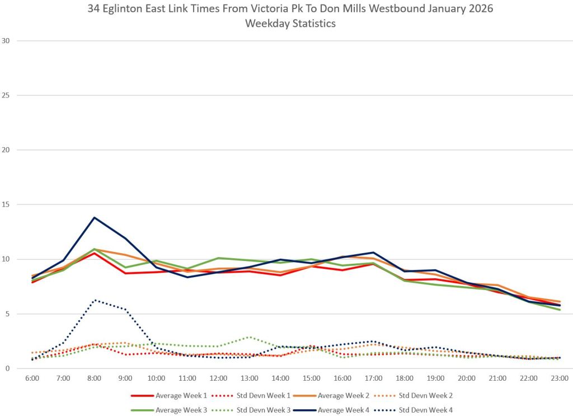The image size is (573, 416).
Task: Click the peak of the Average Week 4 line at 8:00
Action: coord(94,217)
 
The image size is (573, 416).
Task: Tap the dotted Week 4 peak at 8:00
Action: coord(94,300)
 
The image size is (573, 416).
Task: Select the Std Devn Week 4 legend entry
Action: coord(427,409)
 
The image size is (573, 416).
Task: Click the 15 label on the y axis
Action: coord(7,204)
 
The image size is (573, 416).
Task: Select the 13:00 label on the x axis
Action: coord(250,379)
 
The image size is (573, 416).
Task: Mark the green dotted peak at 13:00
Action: coord(250,337)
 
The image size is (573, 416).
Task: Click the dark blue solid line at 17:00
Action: coord(374,253)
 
